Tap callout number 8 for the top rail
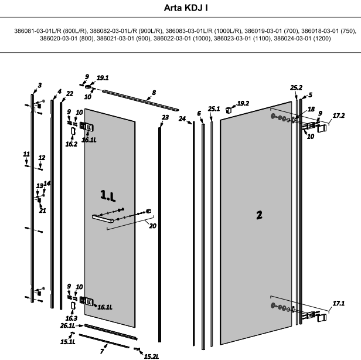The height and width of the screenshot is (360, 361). [154, 93]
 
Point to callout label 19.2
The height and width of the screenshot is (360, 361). [243, 103]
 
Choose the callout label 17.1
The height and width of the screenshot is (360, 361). [338, 303]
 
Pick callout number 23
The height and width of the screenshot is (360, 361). [165, 118]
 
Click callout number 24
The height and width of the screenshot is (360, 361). [182, 119]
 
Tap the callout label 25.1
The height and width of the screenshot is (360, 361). [213, 109]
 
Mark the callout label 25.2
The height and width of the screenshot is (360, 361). [296, 88]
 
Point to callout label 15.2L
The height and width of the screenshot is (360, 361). [151, 355]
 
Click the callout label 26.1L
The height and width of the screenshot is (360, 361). [67, 325]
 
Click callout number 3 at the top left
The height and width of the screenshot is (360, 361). [39, 86]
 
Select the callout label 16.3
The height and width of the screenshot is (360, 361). [72, 318]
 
